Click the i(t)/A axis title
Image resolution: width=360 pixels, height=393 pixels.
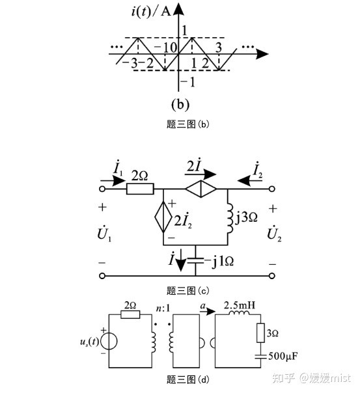(150, 11)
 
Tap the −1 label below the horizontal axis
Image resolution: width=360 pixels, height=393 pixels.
(188, 82)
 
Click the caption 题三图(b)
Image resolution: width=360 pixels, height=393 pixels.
(187, 124)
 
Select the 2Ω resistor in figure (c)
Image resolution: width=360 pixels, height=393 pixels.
(140, 189)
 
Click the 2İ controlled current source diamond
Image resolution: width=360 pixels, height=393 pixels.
(201, 189)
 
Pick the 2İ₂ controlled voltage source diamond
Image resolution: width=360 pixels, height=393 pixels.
(163, 217)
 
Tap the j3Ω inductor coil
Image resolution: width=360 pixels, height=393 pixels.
(230, 217)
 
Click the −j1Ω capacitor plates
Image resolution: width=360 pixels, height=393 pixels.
(195, 261)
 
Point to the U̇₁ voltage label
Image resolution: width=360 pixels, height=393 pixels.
(104, 234)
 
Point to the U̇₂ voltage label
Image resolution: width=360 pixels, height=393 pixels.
(274, 234)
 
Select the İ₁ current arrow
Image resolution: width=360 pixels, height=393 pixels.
(113, 180)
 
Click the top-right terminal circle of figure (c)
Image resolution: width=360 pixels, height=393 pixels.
(272, 189)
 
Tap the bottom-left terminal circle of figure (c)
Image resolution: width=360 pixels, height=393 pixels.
(102, 276)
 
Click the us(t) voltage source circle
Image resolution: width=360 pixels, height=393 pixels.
(109, 342)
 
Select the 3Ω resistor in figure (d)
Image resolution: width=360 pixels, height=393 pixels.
(261, 333)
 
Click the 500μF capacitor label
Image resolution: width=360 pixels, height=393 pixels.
(283, 356)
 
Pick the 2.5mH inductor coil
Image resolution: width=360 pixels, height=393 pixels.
(239, 313)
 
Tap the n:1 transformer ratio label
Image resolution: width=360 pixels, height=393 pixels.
(163, 308)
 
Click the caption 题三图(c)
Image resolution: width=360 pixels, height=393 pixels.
(187, 291)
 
